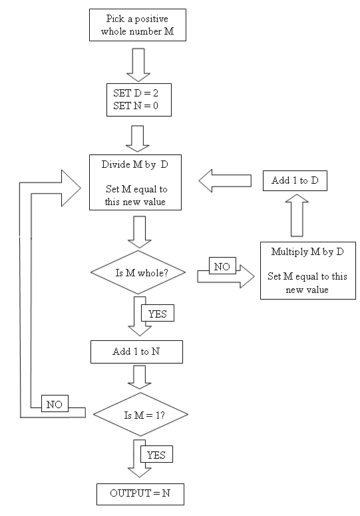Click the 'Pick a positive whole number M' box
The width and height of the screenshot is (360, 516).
click(x=138, y=25)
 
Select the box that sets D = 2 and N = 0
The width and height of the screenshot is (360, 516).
click(x=138, y=100)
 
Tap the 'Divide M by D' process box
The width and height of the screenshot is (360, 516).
click(x=135, y=182)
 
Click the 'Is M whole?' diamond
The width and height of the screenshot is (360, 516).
click(x=138, y=272)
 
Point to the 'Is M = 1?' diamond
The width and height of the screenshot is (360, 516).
click(x=140, y=414)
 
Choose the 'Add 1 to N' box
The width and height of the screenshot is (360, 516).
click(x=136, y=352)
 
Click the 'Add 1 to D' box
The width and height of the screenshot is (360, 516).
click(x=295, y=180)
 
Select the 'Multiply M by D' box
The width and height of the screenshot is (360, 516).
click(x=307, y=270)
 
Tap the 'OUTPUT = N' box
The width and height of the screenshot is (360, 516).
click(x=140, y=494)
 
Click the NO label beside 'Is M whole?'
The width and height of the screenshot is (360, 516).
click(x=222, y=266)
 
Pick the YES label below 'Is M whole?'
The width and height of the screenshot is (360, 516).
click(x=158, y=314)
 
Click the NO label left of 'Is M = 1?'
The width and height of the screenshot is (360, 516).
click(x=55, y=403)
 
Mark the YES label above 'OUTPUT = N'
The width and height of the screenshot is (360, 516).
click(x=156, y=454)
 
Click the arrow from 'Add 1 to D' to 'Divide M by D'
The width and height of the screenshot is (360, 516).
click(x=225, y=180)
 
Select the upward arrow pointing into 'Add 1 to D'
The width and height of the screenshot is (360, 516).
click(x=297, y=215)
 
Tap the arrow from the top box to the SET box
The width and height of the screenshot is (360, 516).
click(x=138, y=65)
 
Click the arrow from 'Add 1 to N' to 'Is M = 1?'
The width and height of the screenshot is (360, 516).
click(x=139, y=377)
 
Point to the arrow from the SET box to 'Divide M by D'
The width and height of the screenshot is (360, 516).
click(x=138, y=138)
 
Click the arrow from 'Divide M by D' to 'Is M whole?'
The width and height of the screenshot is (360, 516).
click(x=139, y=232)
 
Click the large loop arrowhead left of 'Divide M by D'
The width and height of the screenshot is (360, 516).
click(x=71, y=188)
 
